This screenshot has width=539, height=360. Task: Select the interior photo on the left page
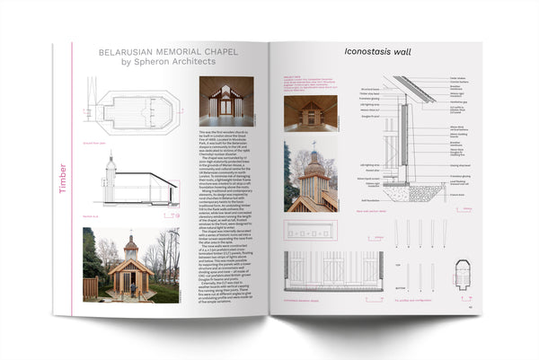[225, 101]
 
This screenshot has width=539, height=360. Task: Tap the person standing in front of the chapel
[131, 285]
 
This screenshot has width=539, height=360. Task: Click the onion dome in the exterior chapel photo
[131, 243]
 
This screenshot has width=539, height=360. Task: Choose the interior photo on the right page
[311, 111]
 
